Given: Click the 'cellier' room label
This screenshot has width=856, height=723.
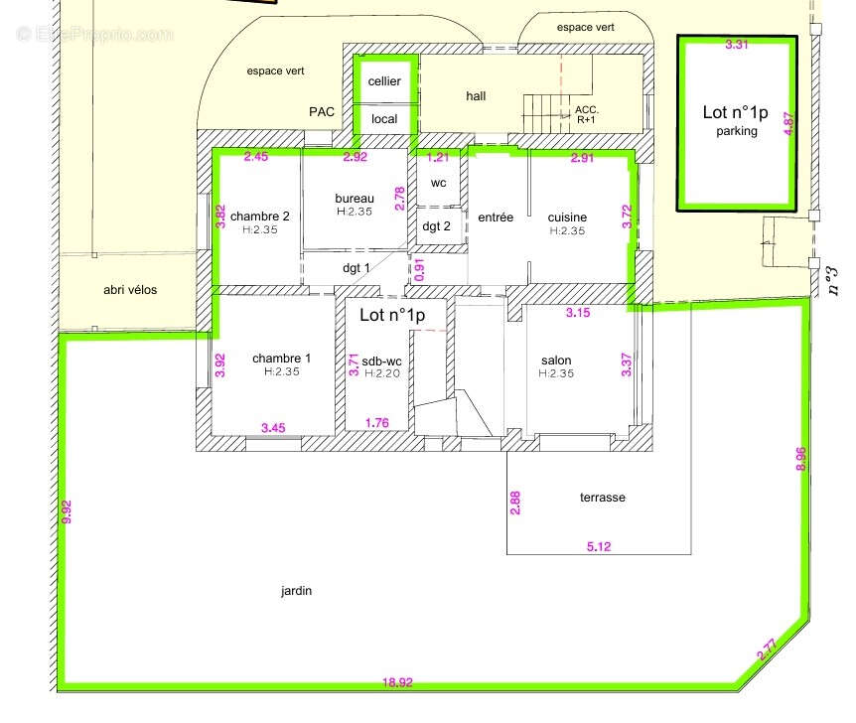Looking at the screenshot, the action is [384, 81].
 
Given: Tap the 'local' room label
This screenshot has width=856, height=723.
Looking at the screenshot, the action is [384, 119].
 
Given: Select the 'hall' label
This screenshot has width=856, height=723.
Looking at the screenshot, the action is [476, 96].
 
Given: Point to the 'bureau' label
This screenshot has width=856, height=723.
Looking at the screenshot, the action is [355, 199].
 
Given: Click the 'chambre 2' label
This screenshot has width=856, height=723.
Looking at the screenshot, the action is [260, 217].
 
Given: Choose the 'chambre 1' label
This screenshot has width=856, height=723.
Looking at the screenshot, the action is [282, 359].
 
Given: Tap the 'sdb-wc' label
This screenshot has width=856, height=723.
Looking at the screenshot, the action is [381, 361].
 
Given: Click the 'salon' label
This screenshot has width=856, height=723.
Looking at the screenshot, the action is [556, 361].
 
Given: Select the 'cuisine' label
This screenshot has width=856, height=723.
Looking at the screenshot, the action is [567, 217].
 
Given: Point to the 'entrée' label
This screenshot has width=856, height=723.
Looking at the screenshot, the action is [496, 217].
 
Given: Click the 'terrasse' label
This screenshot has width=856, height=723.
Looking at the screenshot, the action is [603, 498].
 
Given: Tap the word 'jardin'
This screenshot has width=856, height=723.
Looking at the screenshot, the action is [297, 591].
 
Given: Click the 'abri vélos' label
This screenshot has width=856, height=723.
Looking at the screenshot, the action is [130, 290].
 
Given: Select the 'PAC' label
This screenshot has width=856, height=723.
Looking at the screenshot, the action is [322, 112].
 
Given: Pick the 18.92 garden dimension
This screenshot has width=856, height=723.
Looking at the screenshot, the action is [397, 682].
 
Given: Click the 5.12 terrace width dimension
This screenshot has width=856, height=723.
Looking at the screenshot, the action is [599, 546].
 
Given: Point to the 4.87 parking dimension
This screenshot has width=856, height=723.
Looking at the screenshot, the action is [788, 123].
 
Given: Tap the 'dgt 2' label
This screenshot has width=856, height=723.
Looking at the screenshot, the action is [436, 226].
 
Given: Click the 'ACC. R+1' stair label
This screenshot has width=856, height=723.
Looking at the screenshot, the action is [587, 114].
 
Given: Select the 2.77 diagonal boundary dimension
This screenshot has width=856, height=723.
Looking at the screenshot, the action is [767, 650].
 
